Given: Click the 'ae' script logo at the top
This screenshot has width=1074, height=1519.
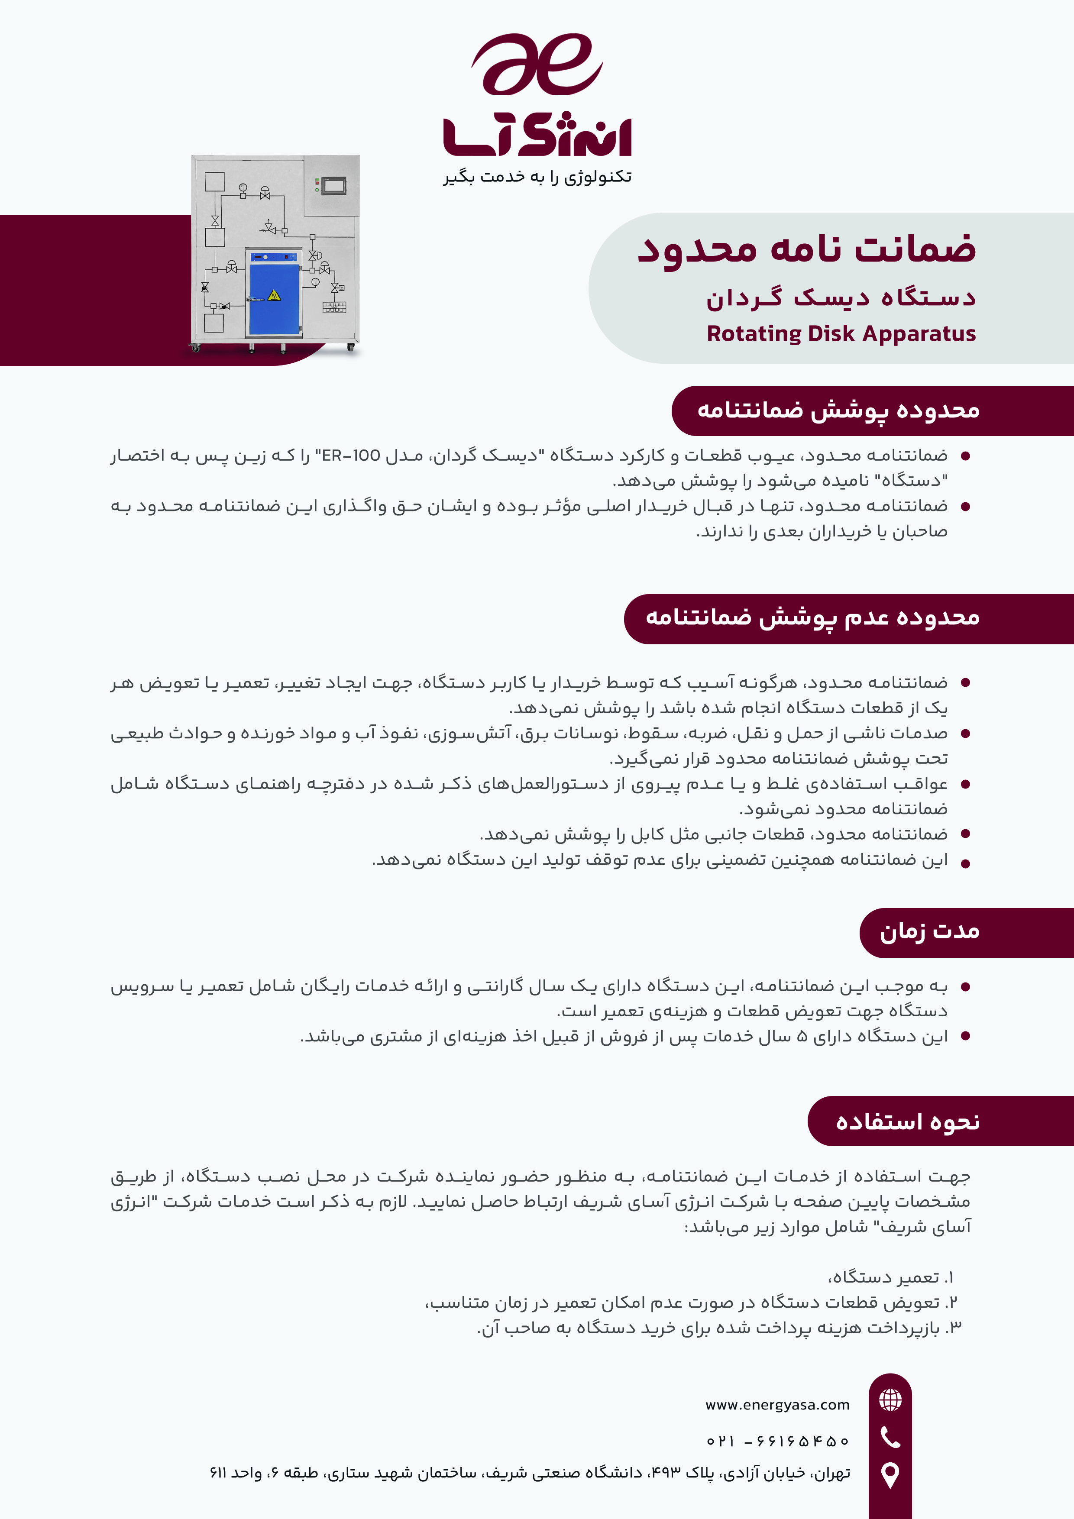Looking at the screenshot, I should [x=537, y=64].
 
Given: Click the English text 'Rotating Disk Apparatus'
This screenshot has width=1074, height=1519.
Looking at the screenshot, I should [x=841, y=333].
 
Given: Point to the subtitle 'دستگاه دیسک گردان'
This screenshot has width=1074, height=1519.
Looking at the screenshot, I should [x=841, y=298].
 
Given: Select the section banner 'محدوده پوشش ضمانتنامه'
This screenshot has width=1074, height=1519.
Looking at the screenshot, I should [x=838, y=410].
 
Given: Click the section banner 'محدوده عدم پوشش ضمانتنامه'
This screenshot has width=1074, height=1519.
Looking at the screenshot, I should [x=812, y=618].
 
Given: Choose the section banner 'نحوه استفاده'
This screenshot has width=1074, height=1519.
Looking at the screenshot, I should [x=907, y=1121].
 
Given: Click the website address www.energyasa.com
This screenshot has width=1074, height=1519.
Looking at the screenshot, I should [x=777, y=1405].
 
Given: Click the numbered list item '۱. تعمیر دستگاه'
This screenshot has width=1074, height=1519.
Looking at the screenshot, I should [x=890, y=1277].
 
